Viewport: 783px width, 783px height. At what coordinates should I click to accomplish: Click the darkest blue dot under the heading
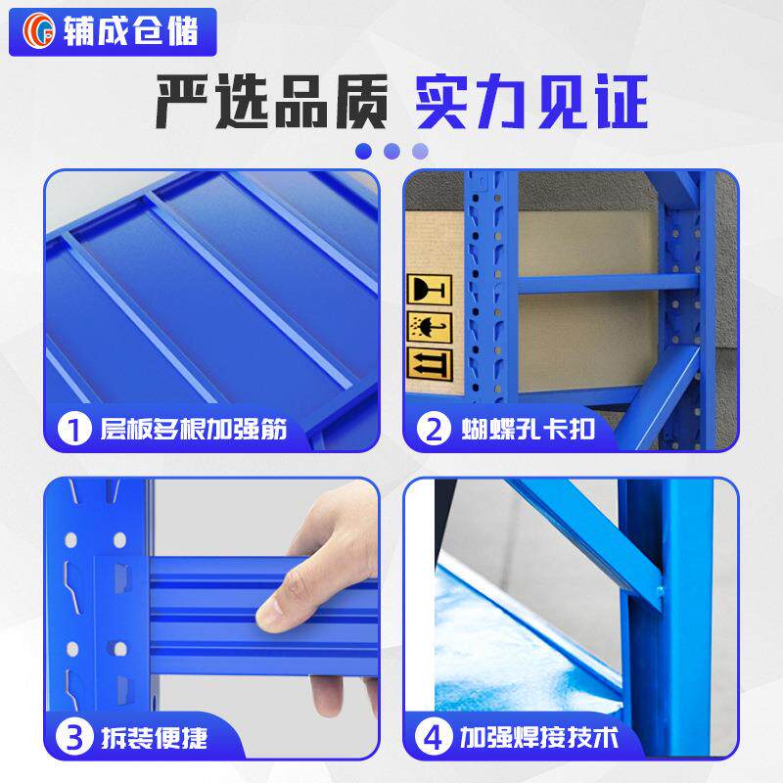coord(363,151)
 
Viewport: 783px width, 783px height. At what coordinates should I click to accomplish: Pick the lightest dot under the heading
coord(420,151)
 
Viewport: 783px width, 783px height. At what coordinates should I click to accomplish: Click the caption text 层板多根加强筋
coord(194,429)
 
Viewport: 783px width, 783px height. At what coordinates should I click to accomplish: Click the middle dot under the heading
coord(391,151)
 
